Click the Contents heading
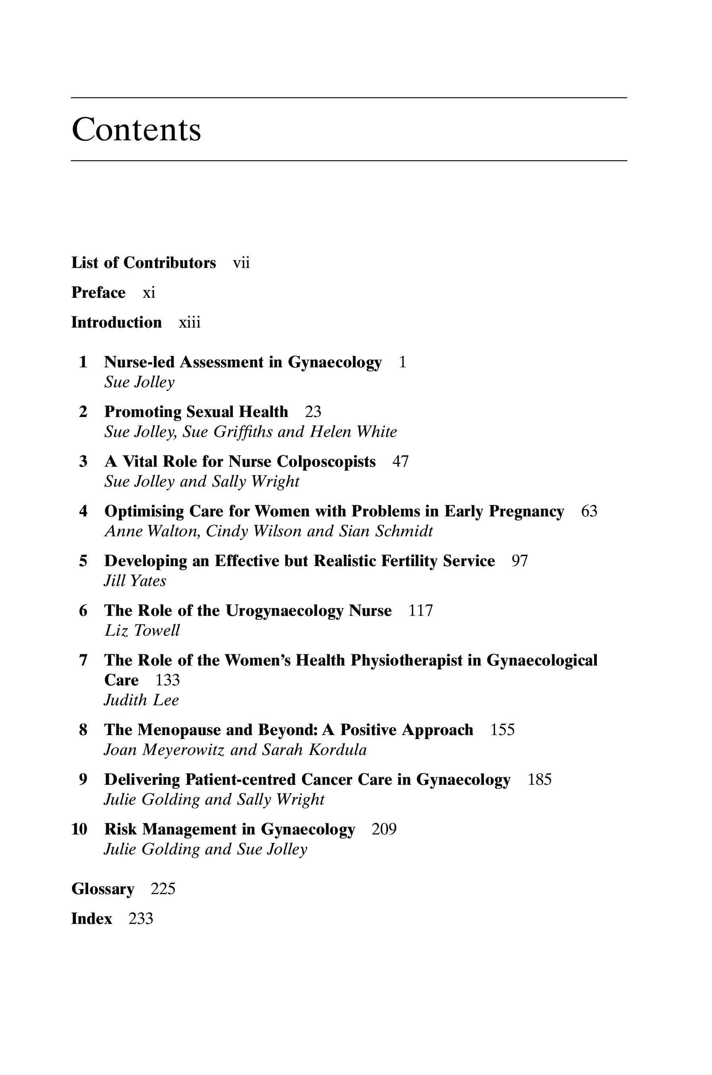click(136, 130)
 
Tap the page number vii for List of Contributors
click(241, 263)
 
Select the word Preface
click(99, 293)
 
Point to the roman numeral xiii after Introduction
click(190, 322)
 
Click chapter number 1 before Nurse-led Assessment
click(83, 362)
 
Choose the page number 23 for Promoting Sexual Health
click(313, 411)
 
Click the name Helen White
click(353, 432)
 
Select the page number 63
click(589, 511)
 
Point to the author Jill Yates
click(135, 581)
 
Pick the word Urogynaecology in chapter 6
click(284, 611)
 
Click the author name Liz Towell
click(142, 631)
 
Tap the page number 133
click(168, 680)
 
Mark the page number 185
click(540, 780)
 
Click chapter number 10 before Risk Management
click(79, 829)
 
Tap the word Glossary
click(103, 889)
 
